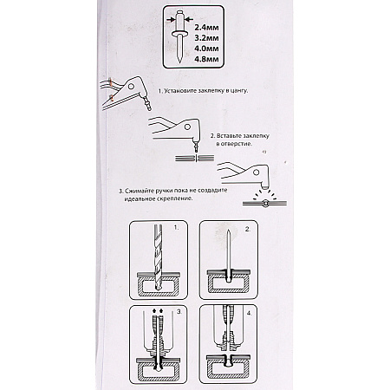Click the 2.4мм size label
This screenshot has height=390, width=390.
click(x=206, y=28)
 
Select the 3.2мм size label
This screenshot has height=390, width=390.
click(x=206, y=38)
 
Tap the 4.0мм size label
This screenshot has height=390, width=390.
click(x=206, y=49)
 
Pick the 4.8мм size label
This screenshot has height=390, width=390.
click(x=206, y=59)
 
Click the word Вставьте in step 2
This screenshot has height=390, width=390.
click(x=229, y=136)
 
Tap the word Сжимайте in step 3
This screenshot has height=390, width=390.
click(x=140, y=191)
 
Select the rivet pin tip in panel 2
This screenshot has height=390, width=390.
click(x=228, y=231)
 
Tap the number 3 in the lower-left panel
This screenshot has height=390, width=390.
click(x=179, y=312)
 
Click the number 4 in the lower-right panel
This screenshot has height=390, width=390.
click(x=250, y=313)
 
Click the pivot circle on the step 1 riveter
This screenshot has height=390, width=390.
click(x=131, y=86)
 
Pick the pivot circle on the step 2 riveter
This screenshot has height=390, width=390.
click(x=187, y=127)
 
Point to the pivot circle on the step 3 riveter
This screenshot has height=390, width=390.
click(x=256, y=172)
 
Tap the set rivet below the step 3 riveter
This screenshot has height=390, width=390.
click(x=265, y=204)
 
